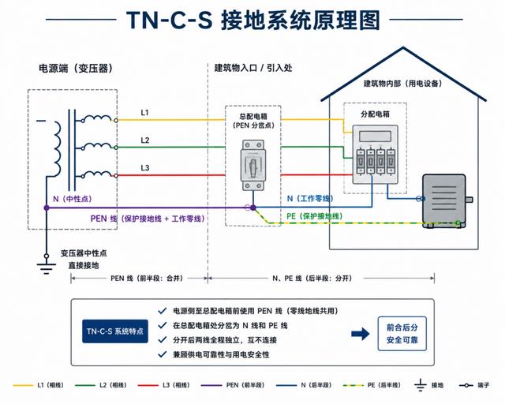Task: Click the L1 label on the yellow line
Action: coord(144,112)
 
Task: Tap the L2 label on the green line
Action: coord(145,140)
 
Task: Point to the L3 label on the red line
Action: coord(145,168)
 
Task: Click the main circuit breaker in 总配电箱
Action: coord(253,165)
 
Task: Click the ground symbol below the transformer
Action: coord(47,267)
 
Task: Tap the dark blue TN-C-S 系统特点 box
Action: coord(115,331)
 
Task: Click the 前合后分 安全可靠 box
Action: coord(402,334)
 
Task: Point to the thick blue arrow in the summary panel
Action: coord(361,334)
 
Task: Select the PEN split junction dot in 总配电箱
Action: coord(253,208)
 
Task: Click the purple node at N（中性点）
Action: coord(47,208)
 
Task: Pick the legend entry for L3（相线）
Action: coord(163,385)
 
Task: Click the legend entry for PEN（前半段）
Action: coord(233,385)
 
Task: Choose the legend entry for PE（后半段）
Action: coord(372,385)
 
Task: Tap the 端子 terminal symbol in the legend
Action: coord(466,385)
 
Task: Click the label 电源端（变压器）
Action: coord(76,69)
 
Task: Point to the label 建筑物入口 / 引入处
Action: coord(253,68)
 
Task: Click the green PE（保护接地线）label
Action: coord(315,216)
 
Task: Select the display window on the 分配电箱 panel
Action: coord(376,137)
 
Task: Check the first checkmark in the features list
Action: coord(162,311)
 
